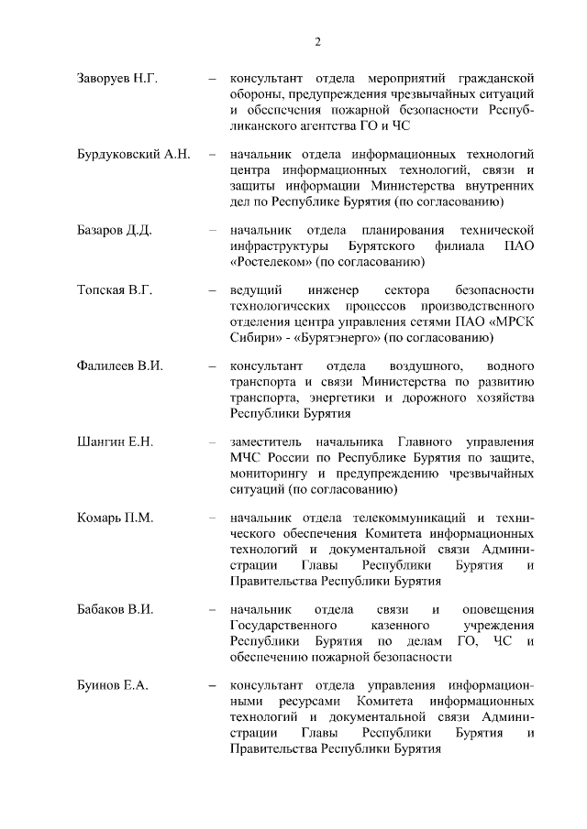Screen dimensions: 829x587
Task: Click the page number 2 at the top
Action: coord(317,41)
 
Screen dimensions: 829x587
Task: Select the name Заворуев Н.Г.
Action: coord(117,78)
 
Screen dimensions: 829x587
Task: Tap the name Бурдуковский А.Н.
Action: coord(133,154)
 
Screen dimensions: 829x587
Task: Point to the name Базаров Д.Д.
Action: coord(114,229)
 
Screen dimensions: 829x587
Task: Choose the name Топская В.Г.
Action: coord(114,290)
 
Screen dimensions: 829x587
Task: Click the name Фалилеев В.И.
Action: coord(119,366)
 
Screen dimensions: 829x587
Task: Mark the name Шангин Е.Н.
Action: coord(115,442)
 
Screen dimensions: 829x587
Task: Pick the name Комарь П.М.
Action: coord(115,518)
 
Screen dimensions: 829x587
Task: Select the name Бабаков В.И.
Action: coord(115,609)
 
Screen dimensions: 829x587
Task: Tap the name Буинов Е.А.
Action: coord(112,685)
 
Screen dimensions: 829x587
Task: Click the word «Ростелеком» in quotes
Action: coord(271,261)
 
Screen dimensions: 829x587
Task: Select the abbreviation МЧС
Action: coord(248,458)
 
